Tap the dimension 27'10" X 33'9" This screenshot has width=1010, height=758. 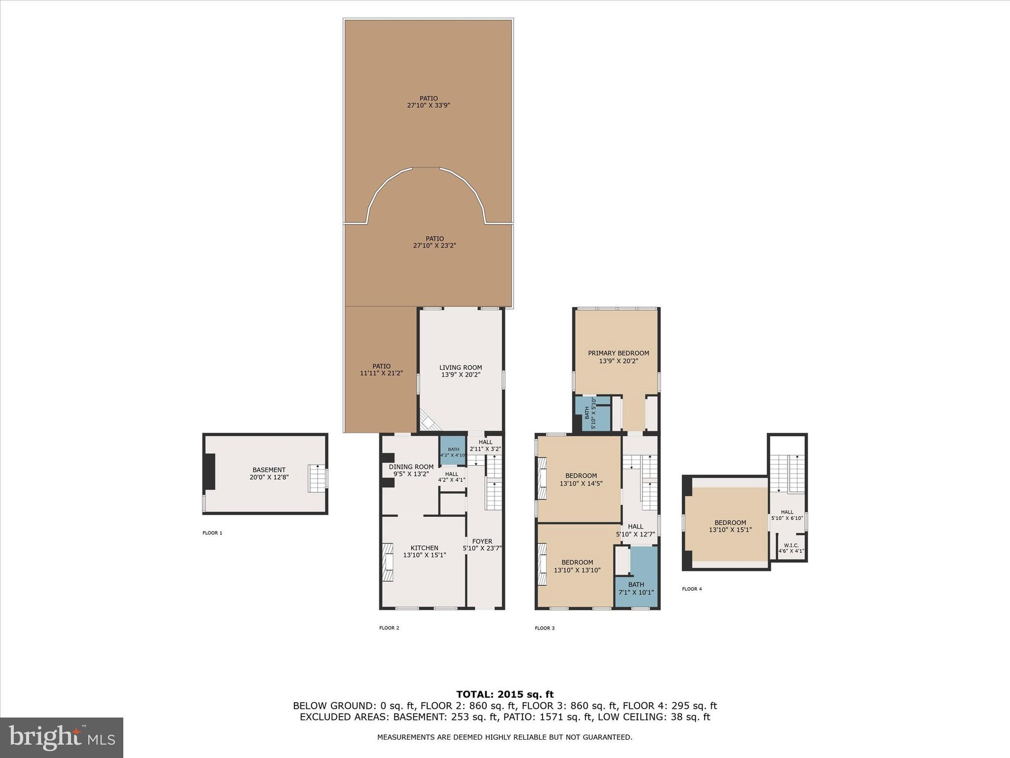point(429,105)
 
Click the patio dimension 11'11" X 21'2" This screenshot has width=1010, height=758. point(381,374)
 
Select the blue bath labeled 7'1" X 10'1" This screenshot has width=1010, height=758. point(636,588)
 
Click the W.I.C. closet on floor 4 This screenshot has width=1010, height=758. point(791,548)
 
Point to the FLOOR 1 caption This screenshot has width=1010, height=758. point(212,533)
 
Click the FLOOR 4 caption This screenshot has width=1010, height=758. point(691,589)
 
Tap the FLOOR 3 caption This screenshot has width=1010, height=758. point(544,628)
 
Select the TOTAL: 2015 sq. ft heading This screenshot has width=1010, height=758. point(505,694)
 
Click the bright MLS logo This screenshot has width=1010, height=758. point(62,737)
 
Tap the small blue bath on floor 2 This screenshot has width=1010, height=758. point(453,451)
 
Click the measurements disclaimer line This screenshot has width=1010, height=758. point(505,737)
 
